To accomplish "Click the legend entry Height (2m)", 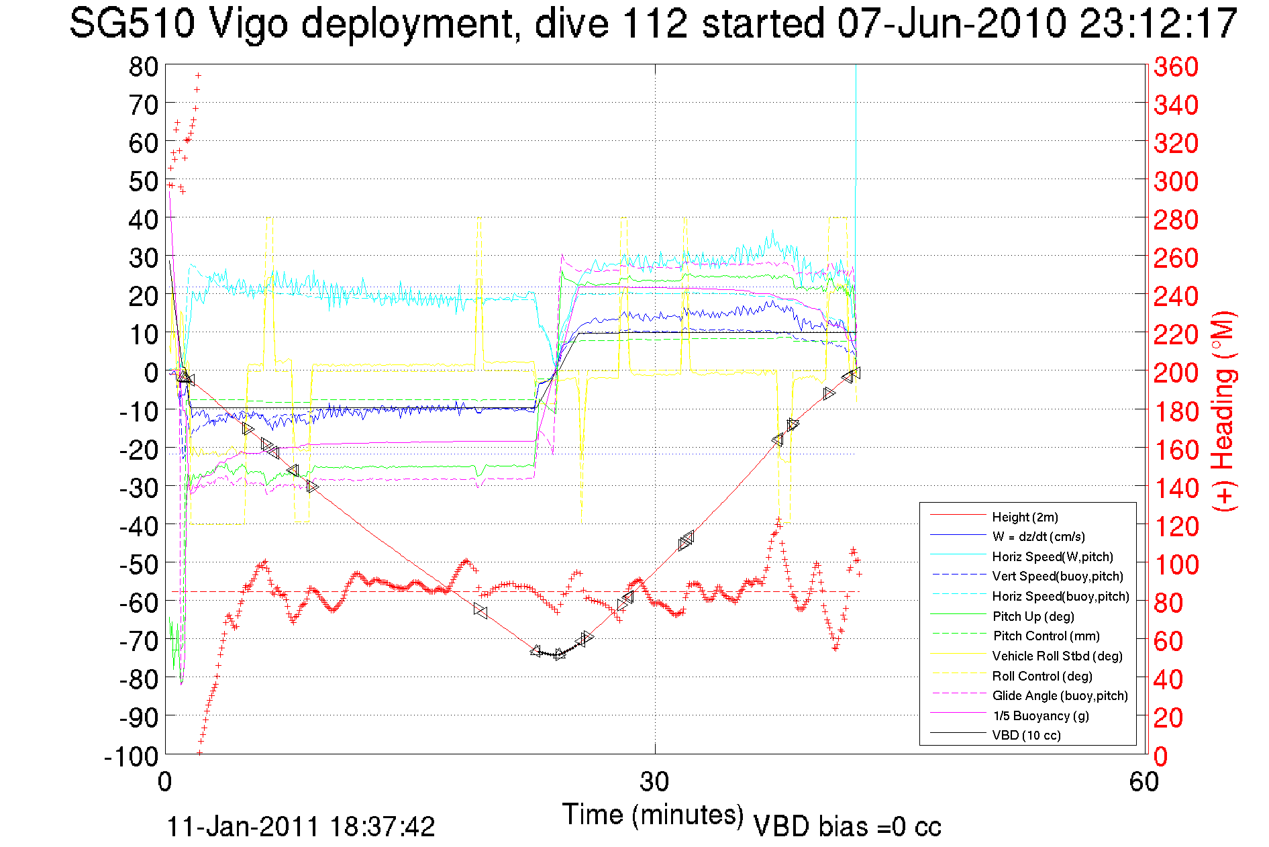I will [1025, 517].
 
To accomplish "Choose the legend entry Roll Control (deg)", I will [1042, 676].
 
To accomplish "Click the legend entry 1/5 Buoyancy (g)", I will [1040, 715].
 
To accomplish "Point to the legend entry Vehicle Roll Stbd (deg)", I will [1057, 656].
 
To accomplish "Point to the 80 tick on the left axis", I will [143, 66].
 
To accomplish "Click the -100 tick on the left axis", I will [131, 756].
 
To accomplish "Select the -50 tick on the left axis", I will [138, 564].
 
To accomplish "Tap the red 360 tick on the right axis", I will [1176, 66].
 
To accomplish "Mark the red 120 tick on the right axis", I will [1176, 526].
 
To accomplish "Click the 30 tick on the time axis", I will [654, 781].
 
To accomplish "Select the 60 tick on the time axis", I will [1144, 781].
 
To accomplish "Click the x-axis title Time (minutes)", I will [652, 814].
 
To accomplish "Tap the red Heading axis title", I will [1224, 411].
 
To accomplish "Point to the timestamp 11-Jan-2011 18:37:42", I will [301, 826].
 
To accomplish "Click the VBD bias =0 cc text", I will [847, 826].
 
